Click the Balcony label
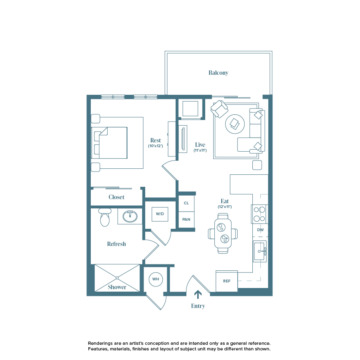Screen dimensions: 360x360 coord(218,73)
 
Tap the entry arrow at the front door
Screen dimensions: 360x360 coord(198,295)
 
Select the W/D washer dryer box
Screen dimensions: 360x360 coord(160,214)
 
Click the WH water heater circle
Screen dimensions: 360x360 coord(156,279)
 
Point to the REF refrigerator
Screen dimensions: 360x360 coord(227,281)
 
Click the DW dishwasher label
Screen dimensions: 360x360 coord(260,230)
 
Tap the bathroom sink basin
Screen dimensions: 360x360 coord(130,216)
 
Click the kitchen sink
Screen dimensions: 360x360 coord(260,251)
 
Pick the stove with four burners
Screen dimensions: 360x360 coord(259,214)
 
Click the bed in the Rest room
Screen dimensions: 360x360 coord(110,142)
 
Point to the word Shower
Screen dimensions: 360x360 coord(117,287)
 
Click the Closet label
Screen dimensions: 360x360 coord(116,197)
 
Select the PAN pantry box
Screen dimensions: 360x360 coord(186,220)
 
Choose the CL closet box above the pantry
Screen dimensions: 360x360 coord(186,203)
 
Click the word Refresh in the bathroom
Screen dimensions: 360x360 coord(116,244)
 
